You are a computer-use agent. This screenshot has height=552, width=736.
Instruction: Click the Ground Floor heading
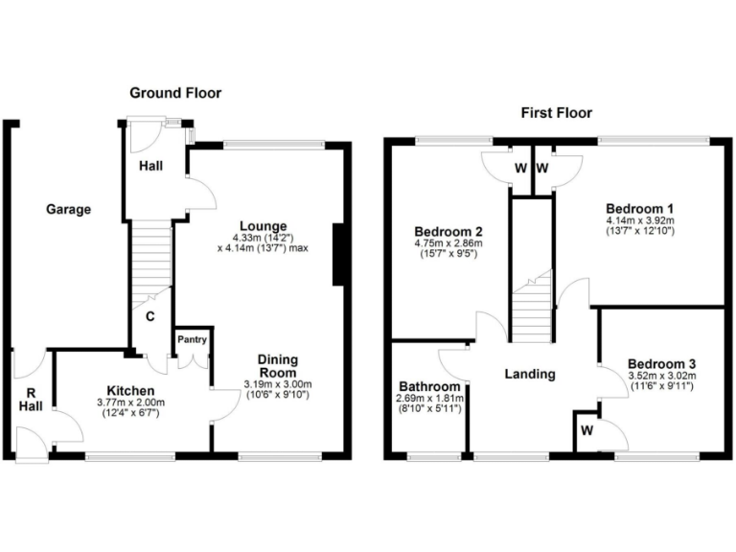pyautogui.click(x=175, y=93)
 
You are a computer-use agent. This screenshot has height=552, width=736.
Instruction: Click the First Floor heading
pyautogui.click(x=556, y=112)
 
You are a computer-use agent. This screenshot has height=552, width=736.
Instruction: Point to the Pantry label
pyautogui.click(x=191, y=338)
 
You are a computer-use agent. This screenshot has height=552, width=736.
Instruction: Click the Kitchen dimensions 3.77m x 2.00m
pyautogui.click(x=131, y=403)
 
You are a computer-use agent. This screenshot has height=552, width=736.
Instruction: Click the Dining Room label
pyautogui.click(x=278, y=366)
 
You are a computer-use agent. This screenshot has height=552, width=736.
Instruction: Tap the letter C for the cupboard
pyautogui.click(x=149, y=315)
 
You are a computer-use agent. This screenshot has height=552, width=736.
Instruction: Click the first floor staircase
pyautogui.click(x=533, y=305)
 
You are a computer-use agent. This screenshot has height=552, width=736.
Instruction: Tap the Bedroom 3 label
pyautogui.click(x=661, y=363)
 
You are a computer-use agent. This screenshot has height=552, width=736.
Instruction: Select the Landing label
pyautogui.click(x=530, y=374)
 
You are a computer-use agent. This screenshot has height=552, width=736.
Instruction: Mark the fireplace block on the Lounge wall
pyautogui.click(x=339, y=255)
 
